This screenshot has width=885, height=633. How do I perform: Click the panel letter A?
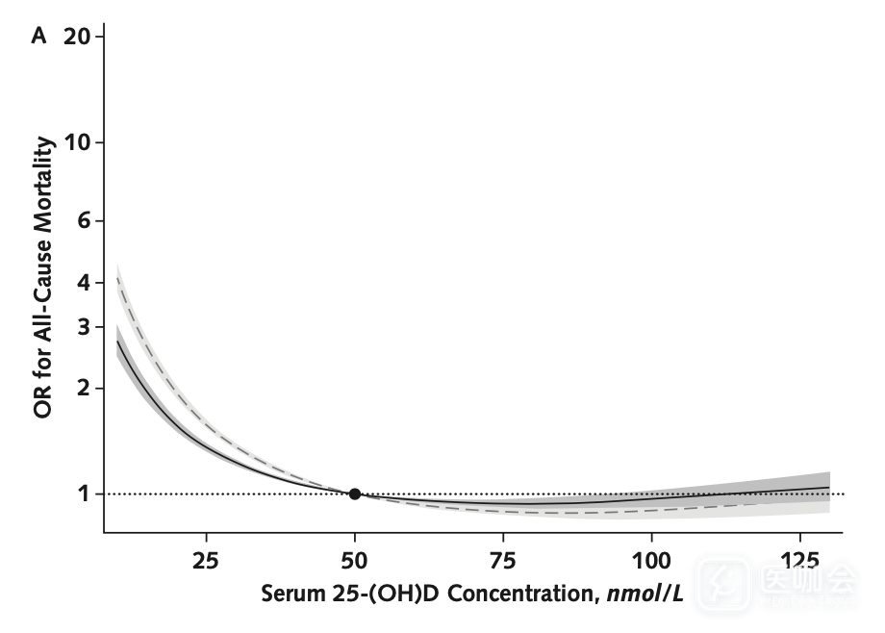click(39, 37)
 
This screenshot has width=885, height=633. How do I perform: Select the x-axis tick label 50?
click(355, 560)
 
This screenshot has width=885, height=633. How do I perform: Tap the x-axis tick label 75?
click(503, 560)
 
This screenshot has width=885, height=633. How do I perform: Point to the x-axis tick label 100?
click(651, 560)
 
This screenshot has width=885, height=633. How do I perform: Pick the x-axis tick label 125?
click(799, 560)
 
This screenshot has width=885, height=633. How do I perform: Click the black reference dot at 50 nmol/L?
click(355, 494)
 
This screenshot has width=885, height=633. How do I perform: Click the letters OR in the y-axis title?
click(43, 403)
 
